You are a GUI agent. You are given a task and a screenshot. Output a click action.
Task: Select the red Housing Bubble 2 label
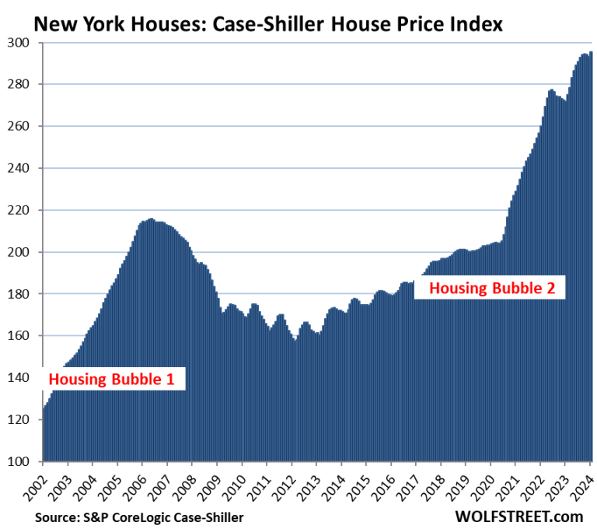[x=492, y=288]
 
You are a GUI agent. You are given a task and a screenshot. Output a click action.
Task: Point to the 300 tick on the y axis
[x=22, y=43]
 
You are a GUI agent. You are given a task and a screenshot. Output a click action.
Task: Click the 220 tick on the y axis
[x=22, y=210]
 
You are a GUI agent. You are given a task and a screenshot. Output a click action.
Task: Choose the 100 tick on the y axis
[x=22, y=461]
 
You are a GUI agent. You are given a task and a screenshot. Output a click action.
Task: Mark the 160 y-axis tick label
[x=22, y=336]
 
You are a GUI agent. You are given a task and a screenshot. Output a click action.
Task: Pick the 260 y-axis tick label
[x=22, y=126]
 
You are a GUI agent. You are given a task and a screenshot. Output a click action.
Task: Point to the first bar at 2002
[x=44, y=436]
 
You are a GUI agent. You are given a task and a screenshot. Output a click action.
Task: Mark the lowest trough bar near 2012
[x=295, y=401]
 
